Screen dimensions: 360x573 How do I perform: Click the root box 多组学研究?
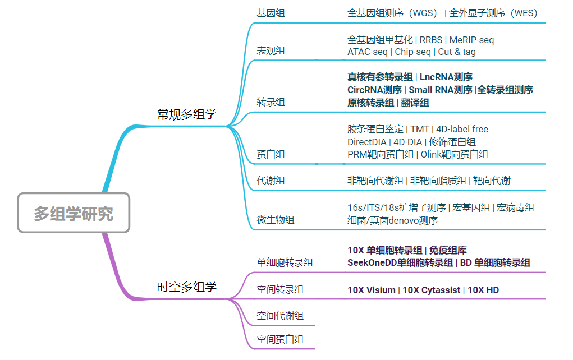click(x=74, y=213)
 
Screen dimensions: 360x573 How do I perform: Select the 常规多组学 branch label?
click(x=186, y=115)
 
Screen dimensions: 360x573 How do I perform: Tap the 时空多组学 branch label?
click(x=186, y=287)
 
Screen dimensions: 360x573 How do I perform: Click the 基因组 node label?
click(x=271, y=13)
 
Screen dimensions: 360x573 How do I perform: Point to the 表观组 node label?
click(x=271, y=51)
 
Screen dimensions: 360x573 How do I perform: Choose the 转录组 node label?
click(x=271, y=102)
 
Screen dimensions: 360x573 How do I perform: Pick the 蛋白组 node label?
click(x=271, y=154)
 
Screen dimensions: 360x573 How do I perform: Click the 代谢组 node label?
click(x=271, y=181)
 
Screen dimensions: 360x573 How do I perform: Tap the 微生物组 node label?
click(x=275, y=220)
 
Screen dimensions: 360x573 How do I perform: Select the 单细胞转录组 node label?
click(x=285, y=262)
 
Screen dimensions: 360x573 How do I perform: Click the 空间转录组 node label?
click(x=280, y=289)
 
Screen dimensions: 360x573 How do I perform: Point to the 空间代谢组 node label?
click(x=280, y=316)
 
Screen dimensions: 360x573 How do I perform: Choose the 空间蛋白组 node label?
click(x=280, y=339)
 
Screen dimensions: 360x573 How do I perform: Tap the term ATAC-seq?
click(x=368, y=52)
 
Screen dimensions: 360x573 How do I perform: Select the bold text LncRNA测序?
click(x=446, y=77)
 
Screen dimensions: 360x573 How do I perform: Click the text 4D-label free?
click(x=462, y=129)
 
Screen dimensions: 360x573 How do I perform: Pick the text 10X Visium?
click(x=371, y=290)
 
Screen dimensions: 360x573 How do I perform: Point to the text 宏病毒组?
click(x=515, y=207)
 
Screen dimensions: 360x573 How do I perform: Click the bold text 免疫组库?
click(x=448, y=250)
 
